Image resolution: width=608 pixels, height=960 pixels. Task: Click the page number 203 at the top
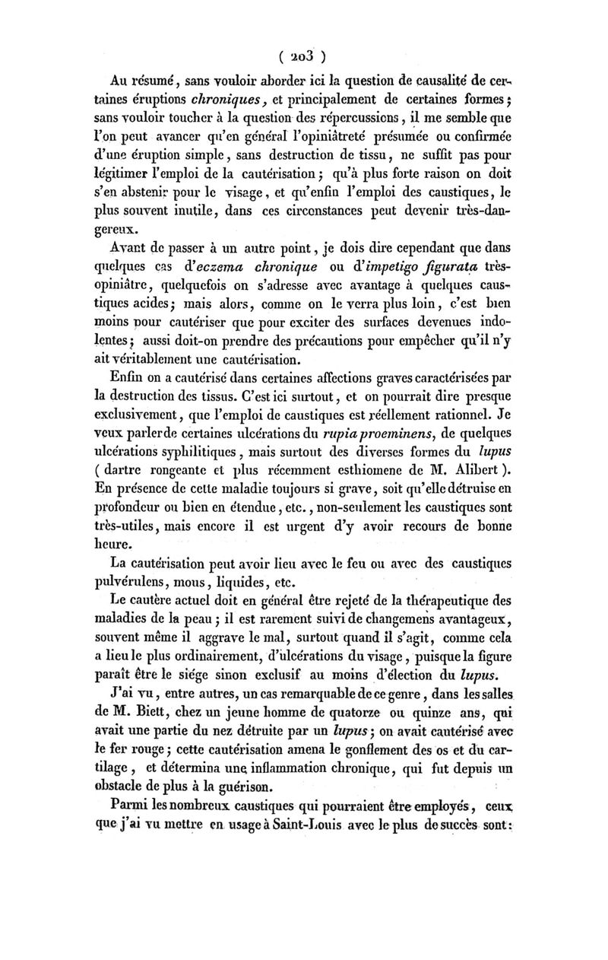pos(303,55)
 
